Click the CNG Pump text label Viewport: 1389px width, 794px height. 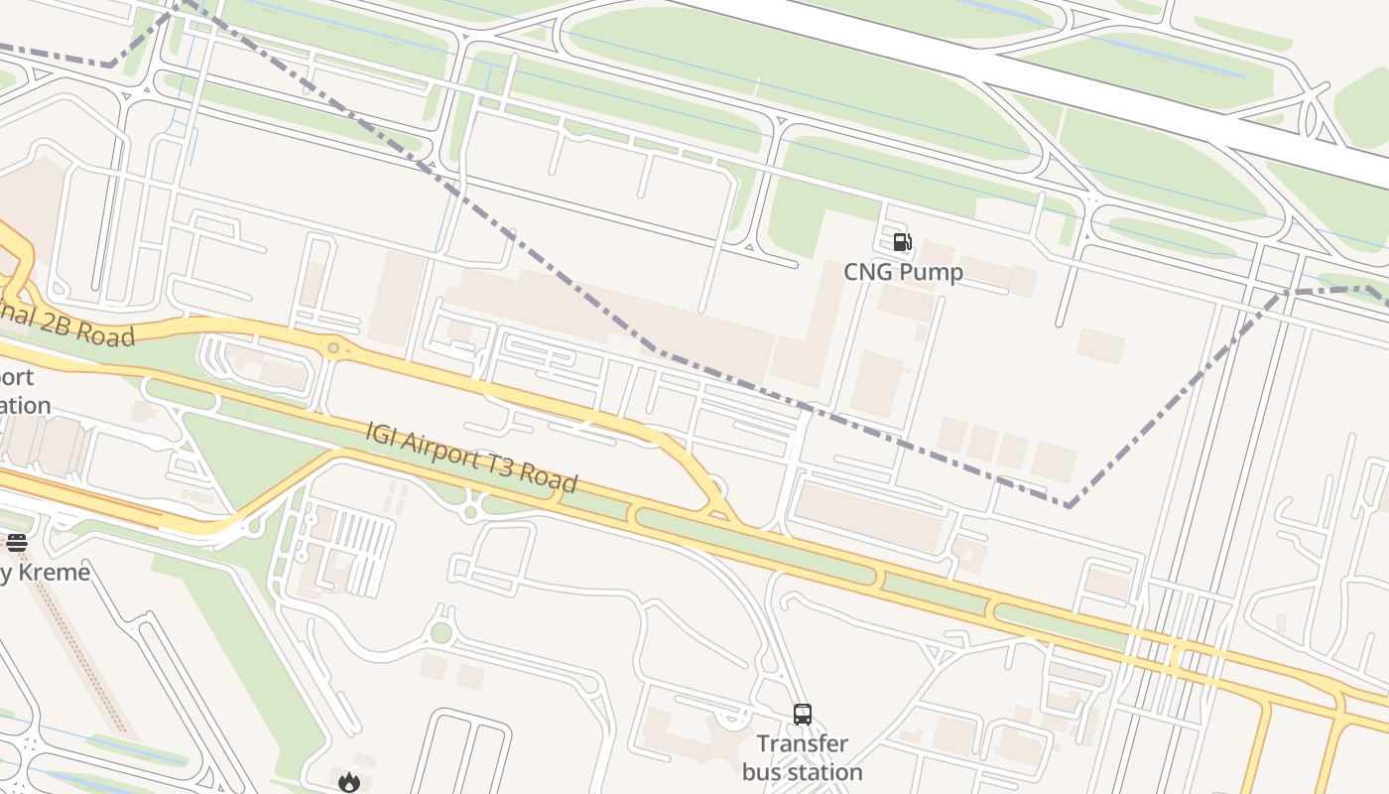903,272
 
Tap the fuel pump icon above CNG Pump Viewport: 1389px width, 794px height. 902,241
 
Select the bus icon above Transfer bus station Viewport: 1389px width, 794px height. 802,714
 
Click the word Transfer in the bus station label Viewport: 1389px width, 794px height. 802,743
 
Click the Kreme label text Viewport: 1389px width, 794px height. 45,573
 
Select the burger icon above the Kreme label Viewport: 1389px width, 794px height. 17,542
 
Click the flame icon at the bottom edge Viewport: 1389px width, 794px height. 348,782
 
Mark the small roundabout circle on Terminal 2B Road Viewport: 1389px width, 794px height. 333,348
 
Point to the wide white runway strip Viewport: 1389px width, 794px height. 1042,79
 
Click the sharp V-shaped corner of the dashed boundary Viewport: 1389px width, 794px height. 1069,506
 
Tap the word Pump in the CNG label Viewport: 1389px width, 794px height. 933,272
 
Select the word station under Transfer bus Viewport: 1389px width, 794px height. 802,772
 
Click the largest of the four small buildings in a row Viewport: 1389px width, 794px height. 1054,462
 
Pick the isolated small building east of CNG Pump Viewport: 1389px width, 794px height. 1100,345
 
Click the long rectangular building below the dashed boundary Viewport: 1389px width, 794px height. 869,516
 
